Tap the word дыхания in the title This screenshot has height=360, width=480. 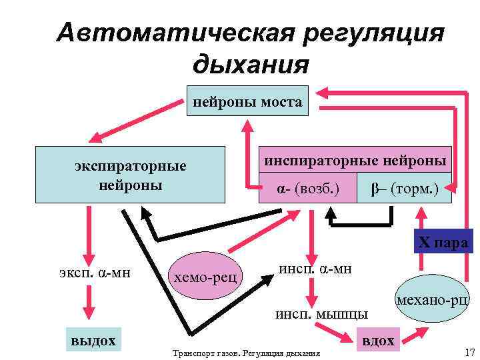click(250, 65)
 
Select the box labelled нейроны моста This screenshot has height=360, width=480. click(247, 103)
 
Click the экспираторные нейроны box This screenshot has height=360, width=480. click(131, 175)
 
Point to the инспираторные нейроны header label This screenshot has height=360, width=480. click(355, 161)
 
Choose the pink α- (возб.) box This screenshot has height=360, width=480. click(308, 189)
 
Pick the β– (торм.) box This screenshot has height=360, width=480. click(405, 189)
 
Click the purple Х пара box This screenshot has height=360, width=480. click(443, 242)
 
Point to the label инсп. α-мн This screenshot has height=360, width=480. click(316, 268)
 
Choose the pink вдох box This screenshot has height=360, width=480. click(377, 341)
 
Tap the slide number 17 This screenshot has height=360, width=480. click(468, 351)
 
